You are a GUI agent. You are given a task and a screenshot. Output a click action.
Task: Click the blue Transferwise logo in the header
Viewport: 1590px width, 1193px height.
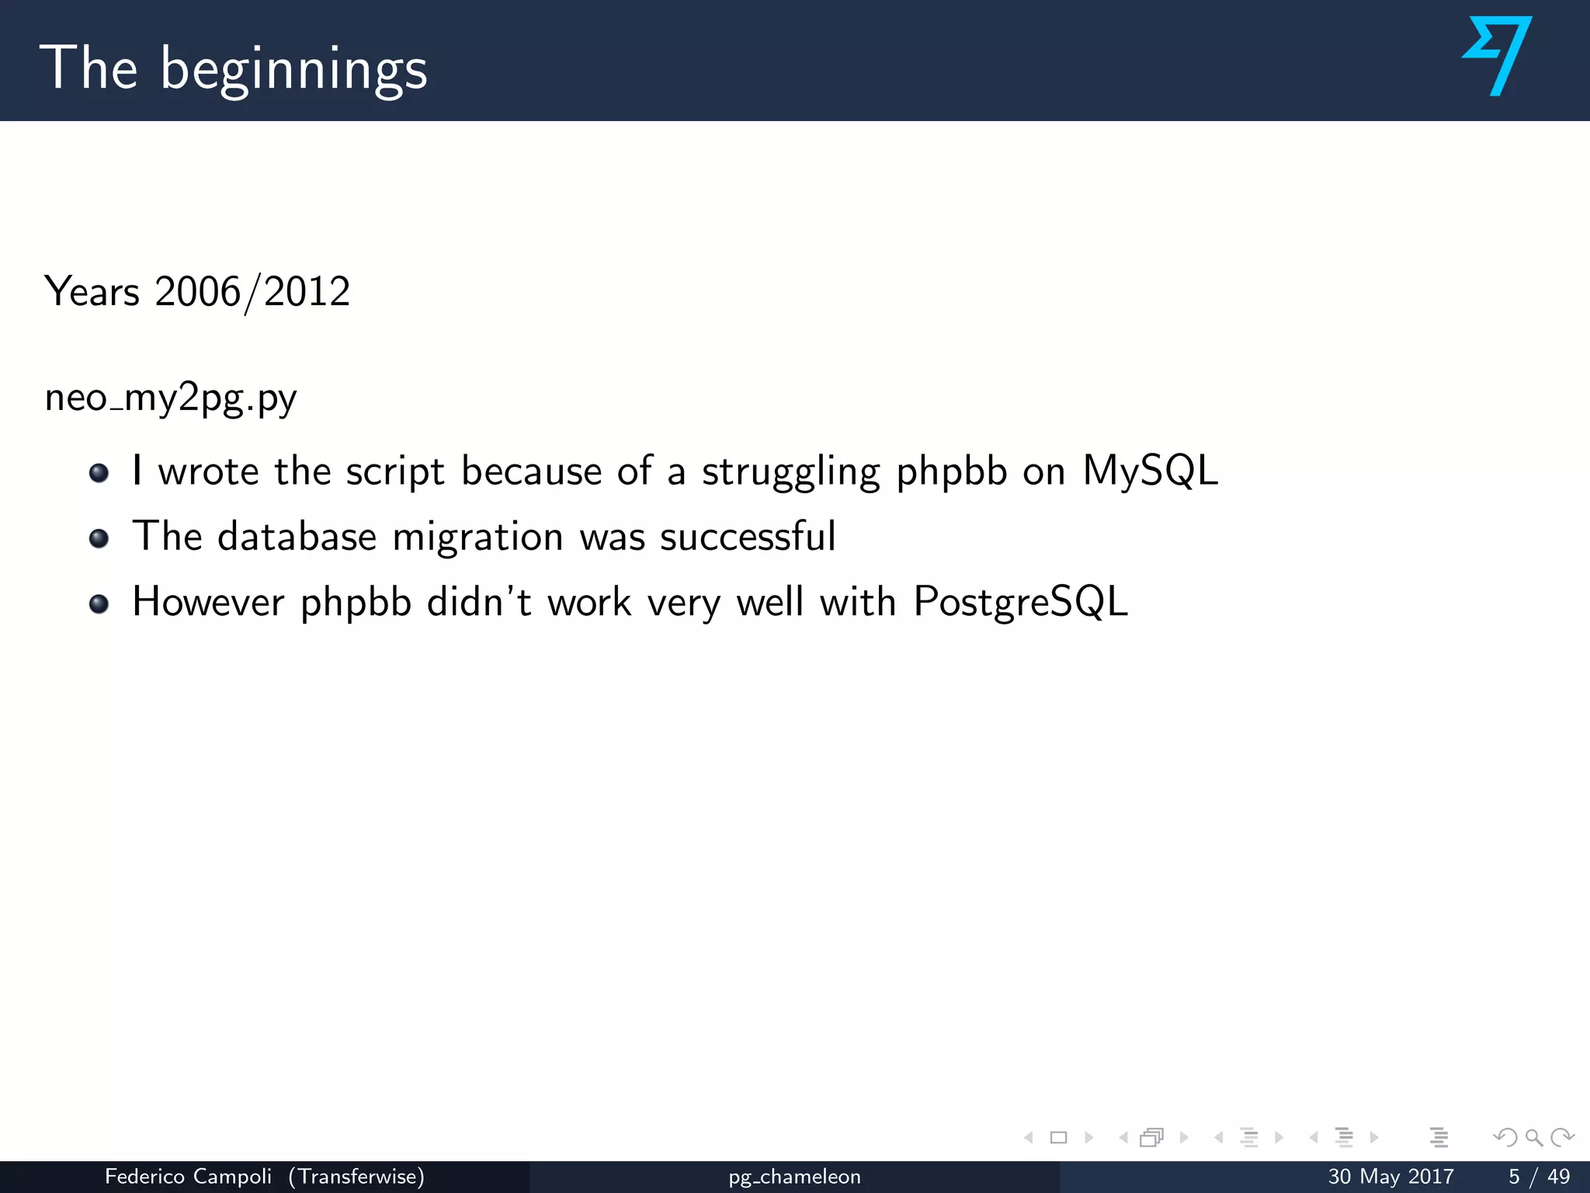[1498, 56]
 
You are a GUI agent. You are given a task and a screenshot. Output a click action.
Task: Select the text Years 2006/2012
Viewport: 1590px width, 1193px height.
[197, 292]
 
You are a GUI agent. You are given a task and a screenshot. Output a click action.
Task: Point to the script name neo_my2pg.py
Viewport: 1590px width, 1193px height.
[171, 398]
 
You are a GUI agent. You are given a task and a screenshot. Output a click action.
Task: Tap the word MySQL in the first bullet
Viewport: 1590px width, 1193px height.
[1150, 471]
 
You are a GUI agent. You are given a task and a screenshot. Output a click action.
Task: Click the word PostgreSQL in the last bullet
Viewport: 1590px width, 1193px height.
[1020, 602]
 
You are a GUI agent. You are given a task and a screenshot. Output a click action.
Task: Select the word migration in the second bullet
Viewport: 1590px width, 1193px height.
[477, 537]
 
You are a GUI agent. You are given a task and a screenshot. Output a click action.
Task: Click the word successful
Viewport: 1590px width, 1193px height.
[748, 537]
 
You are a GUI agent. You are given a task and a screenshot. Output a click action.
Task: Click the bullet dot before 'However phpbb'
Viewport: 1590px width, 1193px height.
[99, 603]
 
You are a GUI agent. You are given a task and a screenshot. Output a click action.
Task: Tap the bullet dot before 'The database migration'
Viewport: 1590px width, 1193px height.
[99, 538]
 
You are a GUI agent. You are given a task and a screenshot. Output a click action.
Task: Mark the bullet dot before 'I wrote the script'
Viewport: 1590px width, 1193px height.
[99, 472]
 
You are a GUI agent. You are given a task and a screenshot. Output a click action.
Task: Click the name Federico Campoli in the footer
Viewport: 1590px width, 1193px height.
[188, 1177]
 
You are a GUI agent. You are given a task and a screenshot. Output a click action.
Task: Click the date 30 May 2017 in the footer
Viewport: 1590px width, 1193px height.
[1390, 1177]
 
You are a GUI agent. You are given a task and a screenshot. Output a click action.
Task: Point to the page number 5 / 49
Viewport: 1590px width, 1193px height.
[1539, 1177]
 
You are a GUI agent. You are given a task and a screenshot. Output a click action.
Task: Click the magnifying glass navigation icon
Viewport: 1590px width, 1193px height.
[1533, 1138]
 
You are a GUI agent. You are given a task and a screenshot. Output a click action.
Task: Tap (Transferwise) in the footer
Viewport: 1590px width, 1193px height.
[356, 1177]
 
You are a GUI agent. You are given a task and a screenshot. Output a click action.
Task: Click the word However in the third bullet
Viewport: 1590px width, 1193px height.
[208, 602]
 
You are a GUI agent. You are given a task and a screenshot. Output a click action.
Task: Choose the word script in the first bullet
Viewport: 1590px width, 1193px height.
[395, 471]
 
